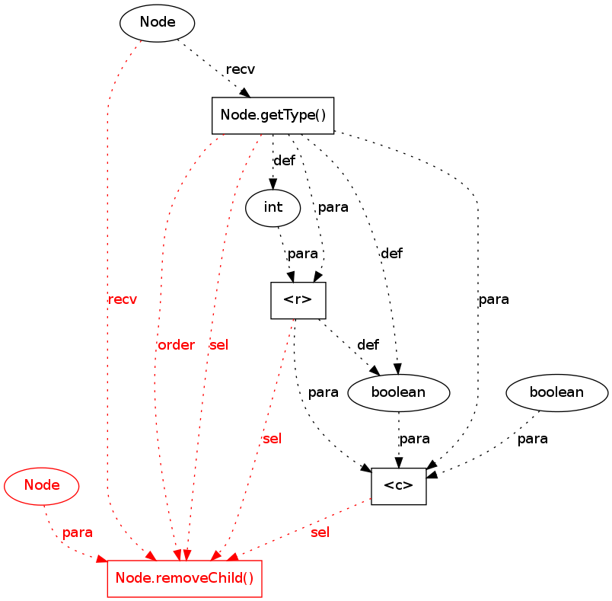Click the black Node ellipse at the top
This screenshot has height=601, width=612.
click(x=158, y=23)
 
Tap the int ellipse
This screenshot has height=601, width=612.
click(x=273, y=207)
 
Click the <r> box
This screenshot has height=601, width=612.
click(x=298, y=300)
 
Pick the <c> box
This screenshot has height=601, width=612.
click(x=399, y=486)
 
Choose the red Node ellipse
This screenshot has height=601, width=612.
click(x=42, y=485)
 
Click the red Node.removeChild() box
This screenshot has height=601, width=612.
click(x=185, y=579)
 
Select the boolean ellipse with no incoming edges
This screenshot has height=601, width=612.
click(x=557, y=393)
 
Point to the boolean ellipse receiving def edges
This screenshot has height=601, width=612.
click(x=399, y=393)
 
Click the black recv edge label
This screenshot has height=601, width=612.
click(x=241, y=69)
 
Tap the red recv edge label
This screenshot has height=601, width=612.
click(x=123, y=299)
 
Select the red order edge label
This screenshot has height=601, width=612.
click(x=176, y=345)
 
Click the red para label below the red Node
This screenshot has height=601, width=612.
click(x=78, y=532)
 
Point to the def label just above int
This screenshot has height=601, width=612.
click(x=283, y=161)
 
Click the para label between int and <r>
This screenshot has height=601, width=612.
click(x=302, y=253)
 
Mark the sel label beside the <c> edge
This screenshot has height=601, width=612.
click(x=320, y=532)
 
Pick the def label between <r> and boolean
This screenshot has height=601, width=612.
click(x=368, y=345)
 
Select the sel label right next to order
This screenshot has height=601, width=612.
click(x=218, y=345)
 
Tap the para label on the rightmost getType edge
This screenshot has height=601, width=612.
click(x=493, y=299)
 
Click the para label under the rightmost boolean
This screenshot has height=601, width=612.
click(x=532, y=439)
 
